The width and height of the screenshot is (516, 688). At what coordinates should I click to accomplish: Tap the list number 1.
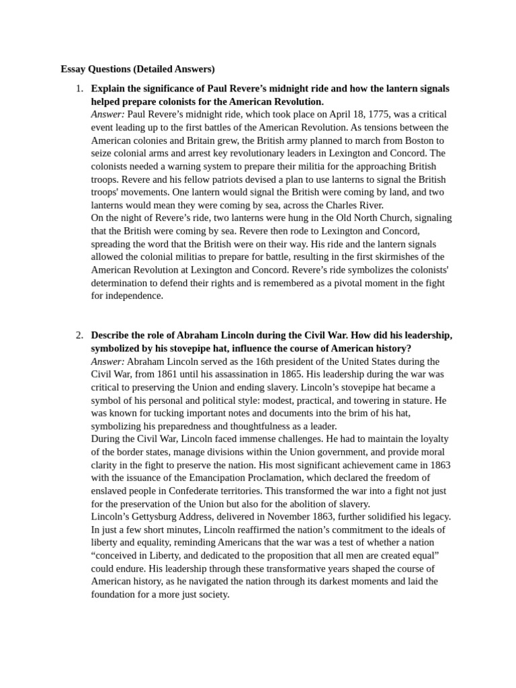point(79,89)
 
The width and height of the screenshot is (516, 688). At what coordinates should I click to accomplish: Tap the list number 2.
point(79,335)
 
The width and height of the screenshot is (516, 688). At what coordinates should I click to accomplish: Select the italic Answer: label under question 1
point(107,114)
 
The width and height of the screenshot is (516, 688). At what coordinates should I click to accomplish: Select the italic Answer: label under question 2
point(107,361)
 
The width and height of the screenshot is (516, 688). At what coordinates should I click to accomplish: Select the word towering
point(365,400)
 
